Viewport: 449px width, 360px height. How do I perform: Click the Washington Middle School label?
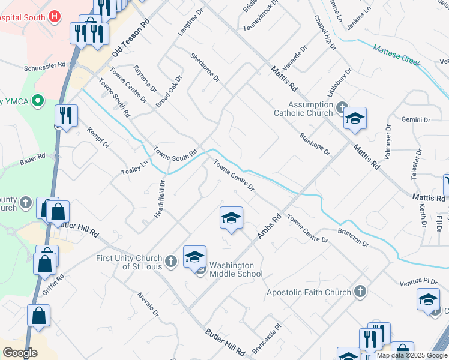[235, 269]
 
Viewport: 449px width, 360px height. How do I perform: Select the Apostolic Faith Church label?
[309, 293]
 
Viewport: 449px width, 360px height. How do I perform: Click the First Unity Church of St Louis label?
[130, 262]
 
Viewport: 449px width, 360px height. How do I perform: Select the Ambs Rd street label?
[270, 227]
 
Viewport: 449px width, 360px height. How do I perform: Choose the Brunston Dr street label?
[353, 237]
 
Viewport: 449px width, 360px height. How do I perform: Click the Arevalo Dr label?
[148, 304]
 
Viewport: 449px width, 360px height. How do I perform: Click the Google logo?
[20, 353]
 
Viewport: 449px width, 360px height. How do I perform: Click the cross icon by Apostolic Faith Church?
[360, 292]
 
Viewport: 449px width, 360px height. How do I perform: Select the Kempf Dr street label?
[99, 138]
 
